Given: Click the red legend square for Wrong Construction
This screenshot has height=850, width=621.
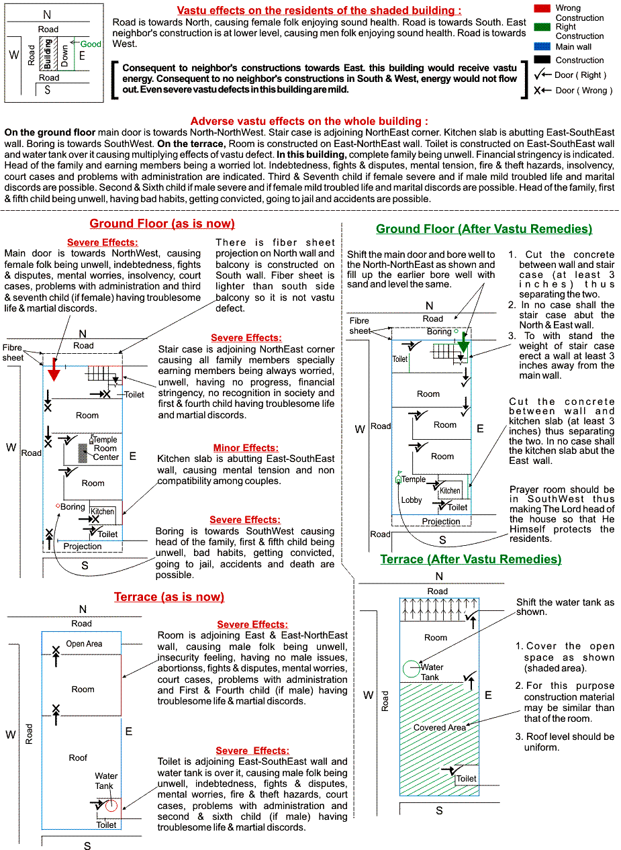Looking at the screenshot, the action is click(542, 8).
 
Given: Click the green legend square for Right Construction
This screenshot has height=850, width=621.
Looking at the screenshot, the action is click(542, 27).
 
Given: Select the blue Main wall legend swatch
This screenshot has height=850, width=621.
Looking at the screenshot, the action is click(542, 46).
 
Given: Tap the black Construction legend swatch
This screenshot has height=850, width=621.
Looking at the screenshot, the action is click(542, 60).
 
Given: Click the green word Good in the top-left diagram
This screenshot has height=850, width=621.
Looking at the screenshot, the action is click(91, 44).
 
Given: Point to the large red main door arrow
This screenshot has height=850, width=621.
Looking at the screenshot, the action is click(54, 369).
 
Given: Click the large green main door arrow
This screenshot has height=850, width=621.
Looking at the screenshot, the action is click(463, 343).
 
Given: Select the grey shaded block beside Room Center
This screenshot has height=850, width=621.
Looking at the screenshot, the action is click(83, 453).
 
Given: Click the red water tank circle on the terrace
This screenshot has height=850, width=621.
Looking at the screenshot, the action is click(111, 805).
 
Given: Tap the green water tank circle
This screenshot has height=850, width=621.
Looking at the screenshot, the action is click(412, 669).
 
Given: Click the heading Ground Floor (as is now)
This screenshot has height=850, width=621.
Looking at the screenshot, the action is click(162, 224).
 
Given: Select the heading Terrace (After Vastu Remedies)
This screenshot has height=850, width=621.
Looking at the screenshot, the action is click(471, 559).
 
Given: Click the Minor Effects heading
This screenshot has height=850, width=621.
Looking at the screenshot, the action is click(246, 448).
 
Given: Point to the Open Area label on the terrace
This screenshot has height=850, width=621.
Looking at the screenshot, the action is click(84, 644).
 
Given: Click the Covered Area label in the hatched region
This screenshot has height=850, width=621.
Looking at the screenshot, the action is click(439, 727).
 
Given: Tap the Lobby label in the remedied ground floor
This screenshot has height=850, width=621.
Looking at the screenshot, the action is click(412, 500).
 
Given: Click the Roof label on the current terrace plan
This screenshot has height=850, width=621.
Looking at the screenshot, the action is click(78, 758).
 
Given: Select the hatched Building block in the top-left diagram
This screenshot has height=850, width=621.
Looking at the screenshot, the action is click(48, 54).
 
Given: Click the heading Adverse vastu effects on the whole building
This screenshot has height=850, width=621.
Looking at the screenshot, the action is click(309, 121).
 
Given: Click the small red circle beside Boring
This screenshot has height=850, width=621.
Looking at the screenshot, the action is click(58, 506).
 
